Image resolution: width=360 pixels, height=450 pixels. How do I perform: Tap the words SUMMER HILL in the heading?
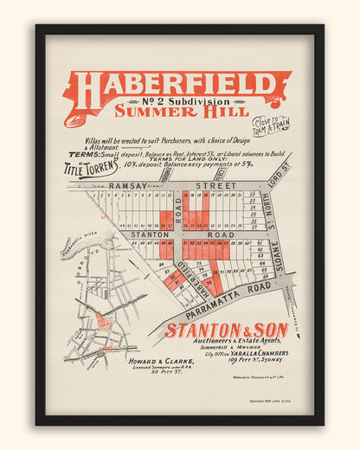tap(181, 112)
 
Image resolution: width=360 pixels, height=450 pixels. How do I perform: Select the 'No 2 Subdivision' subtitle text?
tap(181, 100)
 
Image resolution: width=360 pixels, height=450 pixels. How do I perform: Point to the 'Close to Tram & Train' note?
tap(271, 125)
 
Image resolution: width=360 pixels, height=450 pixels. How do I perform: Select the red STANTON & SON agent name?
tap(227, 331)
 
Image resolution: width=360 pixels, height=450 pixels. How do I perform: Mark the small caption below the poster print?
tap(267, 401)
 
